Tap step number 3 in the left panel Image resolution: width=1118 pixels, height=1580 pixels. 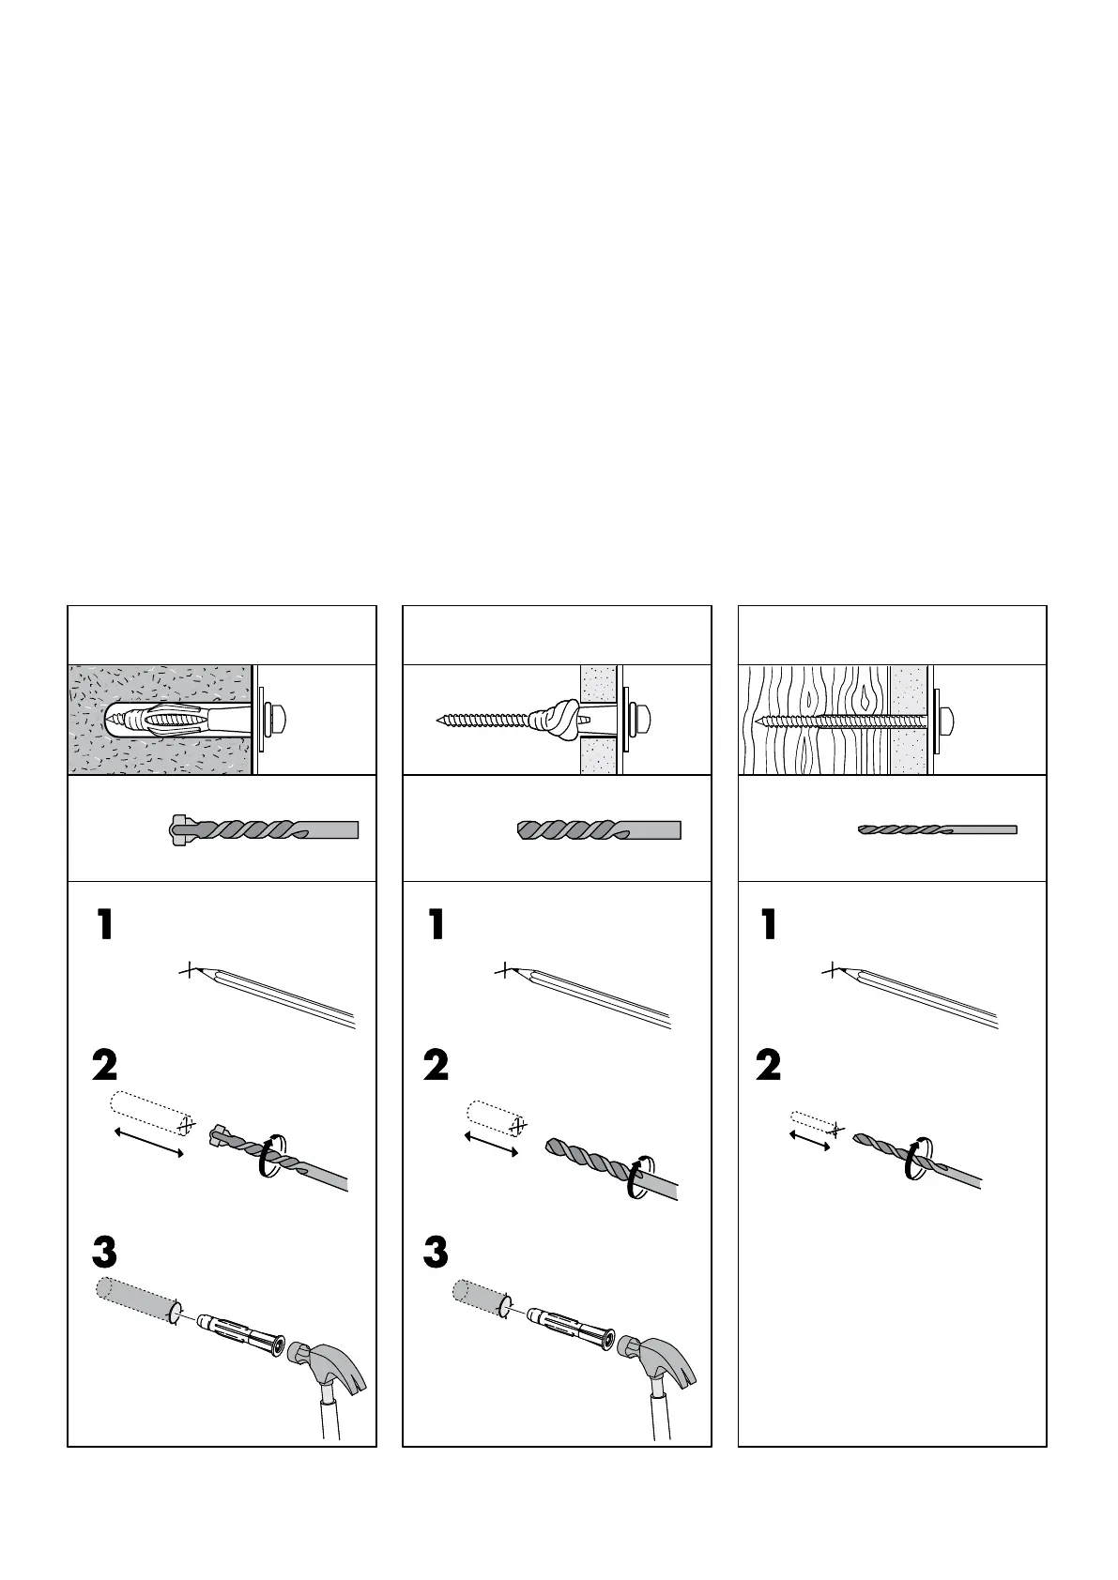[104, 1253]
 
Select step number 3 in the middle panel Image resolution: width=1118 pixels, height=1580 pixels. [436, 1253]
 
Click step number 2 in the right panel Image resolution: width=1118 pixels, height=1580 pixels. [768, 1066]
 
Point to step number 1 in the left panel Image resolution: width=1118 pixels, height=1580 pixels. [104, 925]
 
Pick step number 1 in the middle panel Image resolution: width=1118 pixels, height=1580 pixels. [436, 925]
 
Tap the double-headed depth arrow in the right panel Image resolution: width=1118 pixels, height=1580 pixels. [810, 1140]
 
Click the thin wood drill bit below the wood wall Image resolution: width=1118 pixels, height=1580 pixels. [938, 829]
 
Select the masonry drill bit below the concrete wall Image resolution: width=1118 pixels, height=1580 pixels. [263, 829]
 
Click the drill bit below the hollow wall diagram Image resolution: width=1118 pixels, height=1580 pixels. [599, 829]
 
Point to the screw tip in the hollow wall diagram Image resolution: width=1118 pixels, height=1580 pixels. [439, 721]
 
